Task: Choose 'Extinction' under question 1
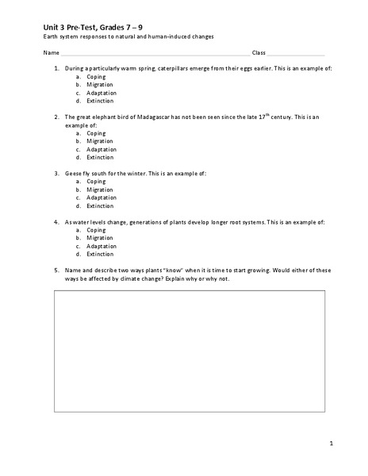[101, 102]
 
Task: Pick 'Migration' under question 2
[101, 141]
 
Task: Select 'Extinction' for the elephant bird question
[101, 158]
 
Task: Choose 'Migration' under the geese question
[101, 190]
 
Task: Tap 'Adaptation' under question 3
[102, 198]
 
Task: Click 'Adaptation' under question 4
[102, 247]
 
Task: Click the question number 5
[56, 271]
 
